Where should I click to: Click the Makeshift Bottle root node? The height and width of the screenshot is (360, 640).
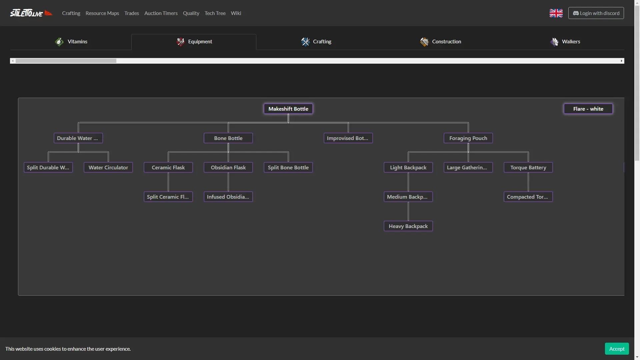[288, 109]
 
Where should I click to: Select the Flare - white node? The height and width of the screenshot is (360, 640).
[588, 109]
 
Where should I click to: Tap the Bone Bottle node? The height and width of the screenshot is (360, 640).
[228, 138]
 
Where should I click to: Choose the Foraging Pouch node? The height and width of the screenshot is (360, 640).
[468, 138]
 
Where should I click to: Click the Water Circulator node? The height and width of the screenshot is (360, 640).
[108, 167]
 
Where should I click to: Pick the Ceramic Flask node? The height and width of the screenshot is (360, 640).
[168, 167]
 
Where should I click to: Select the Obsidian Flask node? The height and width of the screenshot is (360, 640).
[228, 167]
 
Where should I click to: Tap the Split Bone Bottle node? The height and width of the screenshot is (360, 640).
[288, 167]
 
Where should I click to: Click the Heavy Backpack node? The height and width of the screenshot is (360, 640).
[408, 226]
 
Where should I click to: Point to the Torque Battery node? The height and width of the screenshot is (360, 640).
[528, 167]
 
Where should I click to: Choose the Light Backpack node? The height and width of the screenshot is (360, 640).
[408, 167]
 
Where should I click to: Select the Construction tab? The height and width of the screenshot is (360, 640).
[440, 42]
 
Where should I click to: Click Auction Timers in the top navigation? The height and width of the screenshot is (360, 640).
[161, 13]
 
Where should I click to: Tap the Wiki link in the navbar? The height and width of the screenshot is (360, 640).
[236, 13]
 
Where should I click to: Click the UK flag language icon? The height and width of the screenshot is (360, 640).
[556, 13]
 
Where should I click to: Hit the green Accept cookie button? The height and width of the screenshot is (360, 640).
[617, 349]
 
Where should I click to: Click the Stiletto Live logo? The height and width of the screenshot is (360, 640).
[31, 13]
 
